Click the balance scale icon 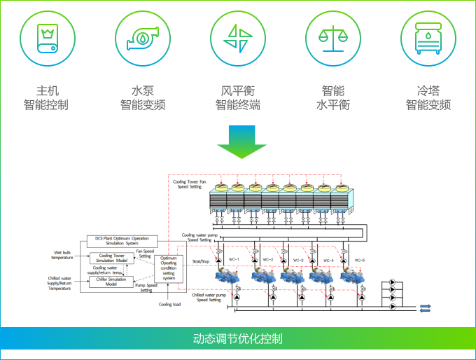[x=332, y=38]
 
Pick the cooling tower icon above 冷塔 [x=428, y=38]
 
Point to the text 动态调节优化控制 [x=238, y=339]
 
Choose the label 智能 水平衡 [x=332, y=98]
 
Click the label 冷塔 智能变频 [x=428, y=98]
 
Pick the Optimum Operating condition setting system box [x=168, y=269]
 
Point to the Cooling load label [x=169, y=305]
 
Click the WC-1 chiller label [x=234, y=260]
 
